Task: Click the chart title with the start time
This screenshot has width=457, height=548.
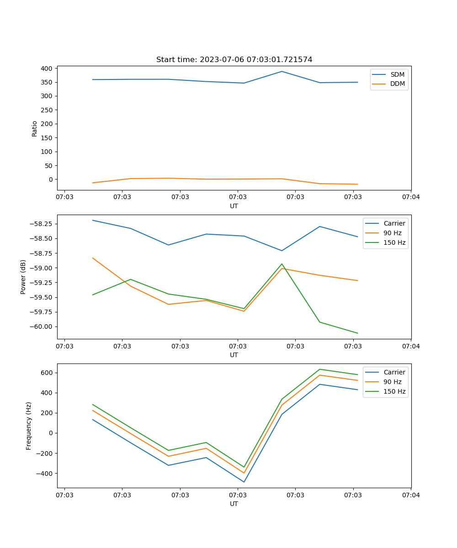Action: coord(234,60)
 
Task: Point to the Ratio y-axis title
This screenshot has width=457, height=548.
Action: coord(35,129)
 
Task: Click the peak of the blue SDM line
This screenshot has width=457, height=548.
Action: coord(282,71)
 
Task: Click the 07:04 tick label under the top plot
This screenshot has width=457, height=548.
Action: coord(410,197)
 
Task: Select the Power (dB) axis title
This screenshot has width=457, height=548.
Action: coord(23,277)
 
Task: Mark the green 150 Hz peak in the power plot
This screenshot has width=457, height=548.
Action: coord(282,264)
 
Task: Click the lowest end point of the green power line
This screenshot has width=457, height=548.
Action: coord(358,333)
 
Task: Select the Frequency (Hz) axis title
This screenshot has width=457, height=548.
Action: coord(29,426)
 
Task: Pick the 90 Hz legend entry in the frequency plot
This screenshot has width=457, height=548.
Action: coord(392,382)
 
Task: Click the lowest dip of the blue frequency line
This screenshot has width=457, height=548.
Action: coord(244,482)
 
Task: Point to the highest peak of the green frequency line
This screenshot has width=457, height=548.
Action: coord(320,369)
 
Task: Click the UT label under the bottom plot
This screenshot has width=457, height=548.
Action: coord(234,504)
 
